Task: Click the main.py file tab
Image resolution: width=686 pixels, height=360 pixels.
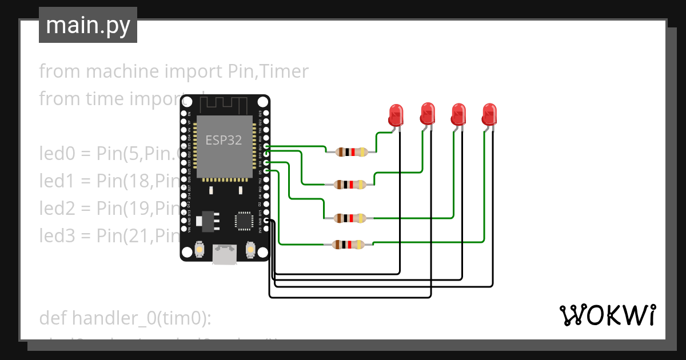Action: click(x=87, y=25)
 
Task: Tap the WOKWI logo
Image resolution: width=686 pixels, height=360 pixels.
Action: click(x=607, y=315)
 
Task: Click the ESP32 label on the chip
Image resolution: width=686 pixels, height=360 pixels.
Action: click(x=224, y=141)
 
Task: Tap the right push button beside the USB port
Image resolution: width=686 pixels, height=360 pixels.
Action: click(x=250, y=250)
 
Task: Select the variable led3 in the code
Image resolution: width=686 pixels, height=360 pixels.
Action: click(x=57, y=235)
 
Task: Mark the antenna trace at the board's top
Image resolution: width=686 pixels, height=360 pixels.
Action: click(x=225, y=104)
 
